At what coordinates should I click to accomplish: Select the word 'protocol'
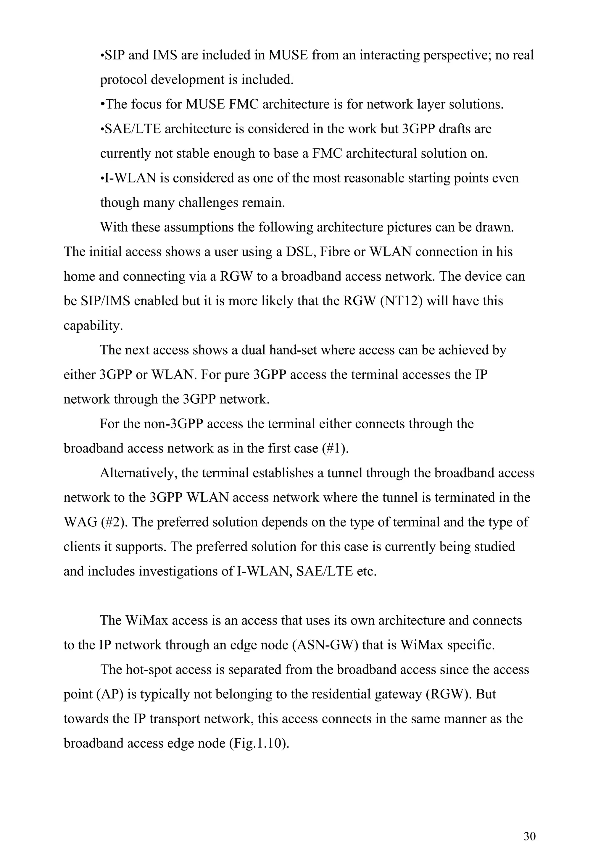coord(124,80)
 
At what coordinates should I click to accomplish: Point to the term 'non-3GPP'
coord(173,424)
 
